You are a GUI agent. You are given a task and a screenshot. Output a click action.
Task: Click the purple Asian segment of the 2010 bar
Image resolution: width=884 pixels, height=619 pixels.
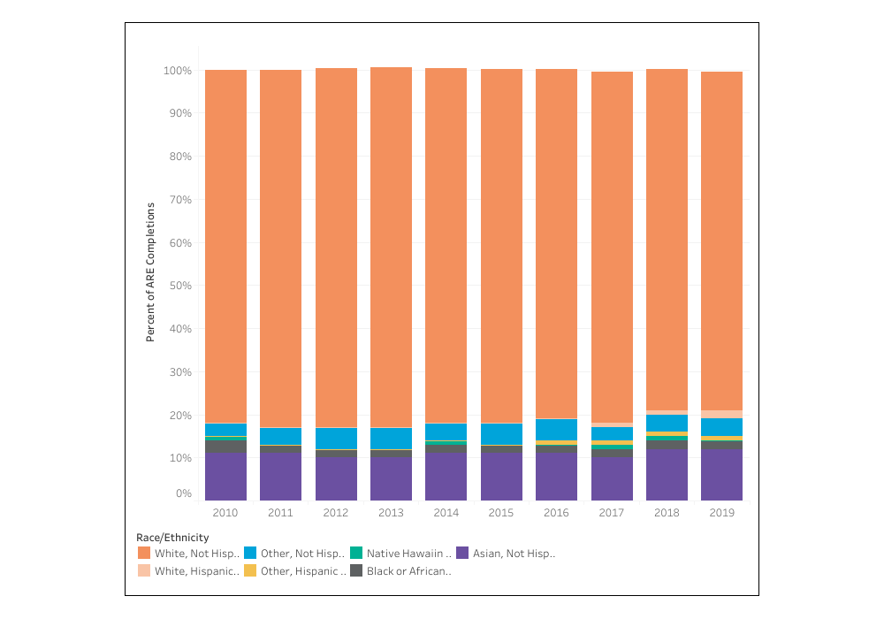(225, 476)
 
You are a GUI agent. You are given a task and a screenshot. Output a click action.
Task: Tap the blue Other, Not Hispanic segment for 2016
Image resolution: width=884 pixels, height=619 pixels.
(557, 429)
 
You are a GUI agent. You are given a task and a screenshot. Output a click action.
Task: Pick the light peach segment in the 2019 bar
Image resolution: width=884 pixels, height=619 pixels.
(721, 414)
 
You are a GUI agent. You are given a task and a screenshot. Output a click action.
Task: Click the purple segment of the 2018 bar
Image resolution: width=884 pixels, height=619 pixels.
(667, 474)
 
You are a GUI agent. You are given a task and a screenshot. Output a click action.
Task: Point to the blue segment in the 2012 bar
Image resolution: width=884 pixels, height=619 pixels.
(336, 438)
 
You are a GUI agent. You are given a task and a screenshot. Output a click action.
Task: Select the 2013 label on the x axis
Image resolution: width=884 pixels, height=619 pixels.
(391, 512)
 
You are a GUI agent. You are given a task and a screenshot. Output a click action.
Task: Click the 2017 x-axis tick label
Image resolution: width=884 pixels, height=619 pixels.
(612, 512)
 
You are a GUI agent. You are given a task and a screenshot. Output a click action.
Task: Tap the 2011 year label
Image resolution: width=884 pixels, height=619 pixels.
(280, 512)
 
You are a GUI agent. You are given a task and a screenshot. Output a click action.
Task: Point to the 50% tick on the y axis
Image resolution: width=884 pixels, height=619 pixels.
(179, 286)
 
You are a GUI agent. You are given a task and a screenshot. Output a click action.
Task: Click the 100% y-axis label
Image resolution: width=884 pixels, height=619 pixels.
(177, 70)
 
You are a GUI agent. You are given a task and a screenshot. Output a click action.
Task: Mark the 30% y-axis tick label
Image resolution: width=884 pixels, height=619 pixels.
(179, 372)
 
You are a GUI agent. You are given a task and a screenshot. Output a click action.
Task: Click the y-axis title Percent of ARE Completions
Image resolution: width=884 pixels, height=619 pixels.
(150, 271)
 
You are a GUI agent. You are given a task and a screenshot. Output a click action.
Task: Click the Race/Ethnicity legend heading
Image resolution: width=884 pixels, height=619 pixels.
(172, 537)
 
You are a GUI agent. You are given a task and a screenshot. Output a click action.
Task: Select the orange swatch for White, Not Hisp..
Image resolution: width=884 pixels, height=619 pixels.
(143, 554)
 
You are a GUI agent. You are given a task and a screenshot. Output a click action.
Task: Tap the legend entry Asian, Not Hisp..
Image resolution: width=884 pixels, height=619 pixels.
(514, 554)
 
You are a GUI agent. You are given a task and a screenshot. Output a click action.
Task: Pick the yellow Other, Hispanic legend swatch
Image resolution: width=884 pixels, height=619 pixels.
(249, 571)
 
